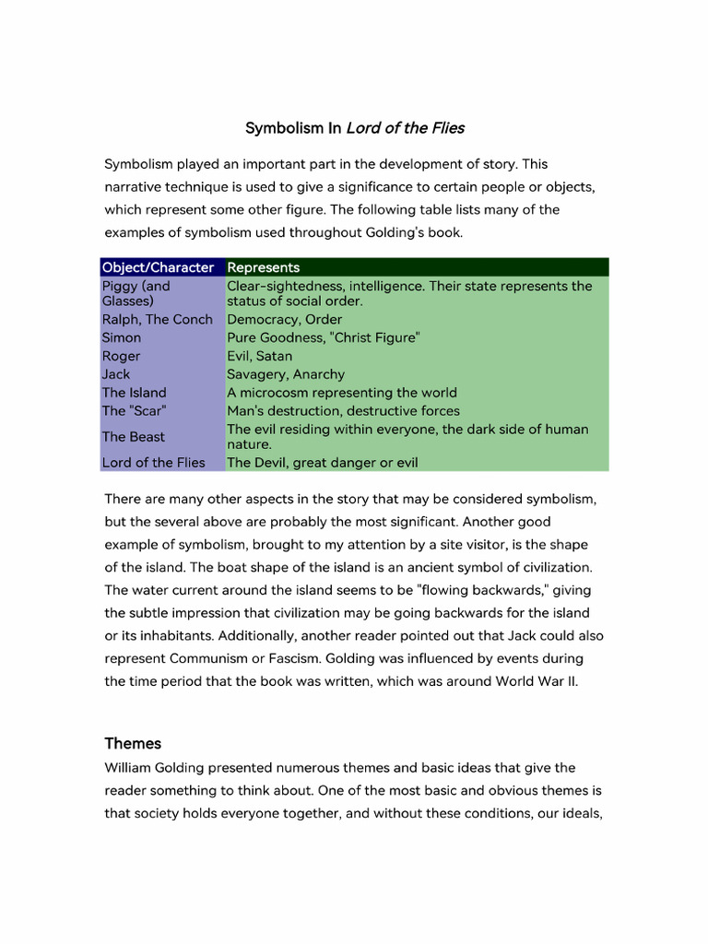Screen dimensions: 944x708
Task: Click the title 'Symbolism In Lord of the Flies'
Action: click(x=354, y=127)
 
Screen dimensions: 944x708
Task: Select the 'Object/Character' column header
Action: click(x=158, y=267)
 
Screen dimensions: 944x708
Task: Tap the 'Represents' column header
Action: click(x=263, y=267)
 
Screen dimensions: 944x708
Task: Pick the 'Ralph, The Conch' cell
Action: click(x=157, y=319)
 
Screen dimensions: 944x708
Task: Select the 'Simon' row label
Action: click(x=122, y=337)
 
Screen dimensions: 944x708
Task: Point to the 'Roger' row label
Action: click(x=122, y=356)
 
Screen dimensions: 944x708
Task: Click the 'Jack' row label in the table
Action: click(x=116, y=374)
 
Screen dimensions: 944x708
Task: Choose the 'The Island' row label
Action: click(x=135, y=393)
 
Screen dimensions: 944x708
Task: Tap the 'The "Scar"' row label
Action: click(x=134, y=411)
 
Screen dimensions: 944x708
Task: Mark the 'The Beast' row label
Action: click(x=134, y=437)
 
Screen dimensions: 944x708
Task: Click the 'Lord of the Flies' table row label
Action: click(x=154, y=463)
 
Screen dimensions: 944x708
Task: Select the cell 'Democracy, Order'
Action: click(x=284, y=319)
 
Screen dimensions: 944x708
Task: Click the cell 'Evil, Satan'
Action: click(x=260, y=356)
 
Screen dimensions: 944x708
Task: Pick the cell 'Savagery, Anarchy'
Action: click(x=286, y=374)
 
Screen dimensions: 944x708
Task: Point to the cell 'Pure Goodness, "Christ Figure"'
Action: click(x=324, y=337)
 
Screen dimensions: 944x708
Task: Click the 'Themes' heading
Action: click(x=133, y=743)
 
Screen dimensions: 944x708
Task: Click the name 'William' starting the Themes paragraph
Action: click(x=129, y=767)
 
